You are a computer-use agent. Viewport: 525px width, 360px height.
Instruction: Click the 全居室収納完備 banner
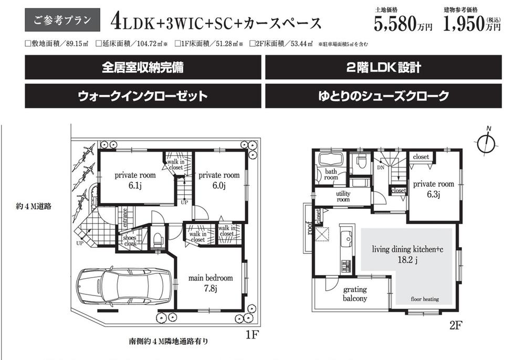pos(143,68)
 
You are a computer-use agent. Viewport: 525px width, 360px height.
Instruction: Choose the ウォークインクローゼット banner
pos(143,96)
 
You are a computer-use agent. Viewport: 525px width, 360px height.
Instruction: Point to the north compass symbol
pos(488,141)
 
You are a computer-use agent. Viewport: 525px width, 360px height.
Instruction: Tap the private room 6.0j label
pos(219,180)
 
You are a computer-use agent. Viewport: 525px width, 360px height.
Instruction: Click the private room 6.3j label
pos(433,189)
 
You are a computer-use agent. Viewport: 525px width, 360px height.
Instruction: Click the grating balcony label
pos(355,294)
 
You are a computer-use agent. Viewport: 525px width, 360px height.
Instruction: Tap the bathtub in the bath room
pos(330,159)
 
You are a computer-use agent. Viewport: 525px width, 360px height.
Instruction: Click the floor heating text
pos(425,299)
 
